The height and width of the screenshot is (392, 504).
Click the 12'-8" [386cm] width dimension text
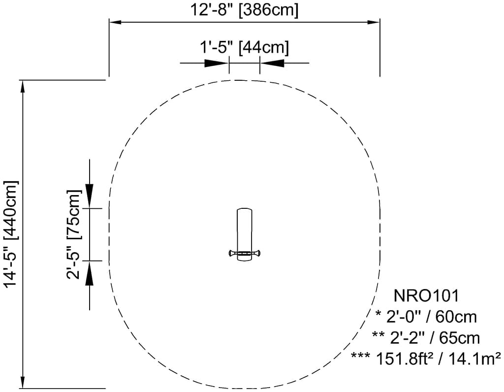coord(244,10)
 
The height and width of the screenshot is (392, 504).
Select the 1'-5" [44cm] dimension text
coord(244,48)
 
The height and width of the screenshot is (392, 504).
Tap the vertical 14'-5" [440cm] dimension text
coord(12,234)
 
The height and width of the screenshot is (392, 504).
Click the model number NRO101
coord(426,296)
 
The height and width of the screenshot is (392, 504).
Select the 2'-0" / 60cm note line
coord(426,317)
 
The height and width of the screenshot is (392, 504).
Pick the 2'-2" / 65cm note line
coord(426,338)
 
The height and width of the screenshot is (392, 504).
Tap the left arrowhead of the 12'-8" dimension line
coord(115,22)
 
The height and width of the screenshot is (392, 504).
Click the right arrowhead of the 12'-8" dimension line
coord(374,22)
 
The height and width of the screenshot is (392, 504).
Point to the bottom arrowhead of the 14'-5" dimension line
coord(23,383)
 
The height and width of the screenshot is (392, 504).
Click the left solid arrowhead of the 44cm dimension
coord(217,63)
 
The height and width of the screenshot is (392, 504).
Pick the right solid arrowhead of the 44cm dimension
coord(272,63)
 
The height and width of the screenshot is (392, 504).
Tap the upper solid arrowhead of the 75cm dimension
coord(90,196)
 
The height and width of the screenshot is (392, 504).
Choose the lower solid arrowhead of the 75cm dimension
coord(90,273)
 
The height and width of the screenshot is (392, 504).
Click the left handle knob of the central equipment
coord(232,254)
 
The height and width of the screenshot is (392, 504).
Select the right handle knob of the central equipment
coord(257,254)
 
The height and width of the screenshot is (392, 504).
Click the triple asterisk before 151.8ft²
coord(361,356)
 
